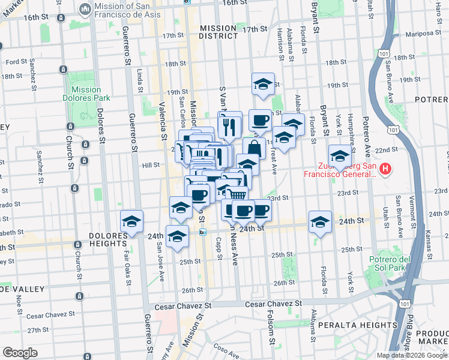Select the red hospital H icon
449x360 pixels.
click(x=386, y=170)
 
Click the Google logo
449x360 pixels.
click(x=20, y=353)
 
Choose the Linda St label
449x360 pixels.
click(x=140, y=81)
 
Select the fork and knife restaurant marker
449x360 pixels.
click(x=229, y=124)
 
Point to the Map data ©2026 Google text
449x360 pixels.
click(x=412, y=355)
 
